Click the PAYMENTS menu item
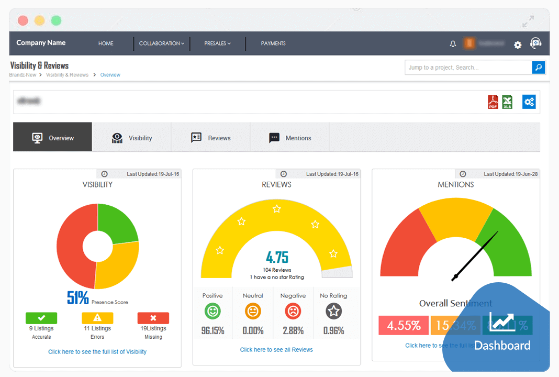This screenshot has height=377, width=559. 273,43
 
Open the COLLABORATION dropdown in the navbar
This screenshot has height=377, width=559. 161,43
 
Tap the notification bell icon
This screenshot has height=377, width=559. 453,44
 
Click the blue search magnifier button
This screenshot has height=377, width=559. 539,67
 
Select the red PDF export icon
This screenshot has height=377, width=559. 493,102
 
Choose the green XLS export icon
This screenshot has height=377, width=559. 507,102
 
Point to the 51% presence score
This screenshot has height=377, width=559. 78,297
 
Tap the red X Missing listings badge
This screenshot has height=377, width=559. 153,318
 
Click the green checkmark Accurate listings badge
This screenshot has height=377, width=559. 41,318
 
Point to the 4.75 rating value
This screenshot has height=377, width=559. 277,258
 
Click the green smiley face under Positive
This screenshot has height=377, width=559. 213,312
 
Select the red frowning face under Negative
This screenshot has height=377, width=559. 293,312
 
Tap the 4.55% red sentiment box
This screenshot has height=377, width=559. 404,325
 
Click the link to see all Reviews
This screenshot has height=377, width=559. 276,350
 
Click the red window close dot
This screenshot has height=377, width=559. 23,21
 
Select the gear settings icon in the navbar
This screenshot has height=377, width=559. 518,45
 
